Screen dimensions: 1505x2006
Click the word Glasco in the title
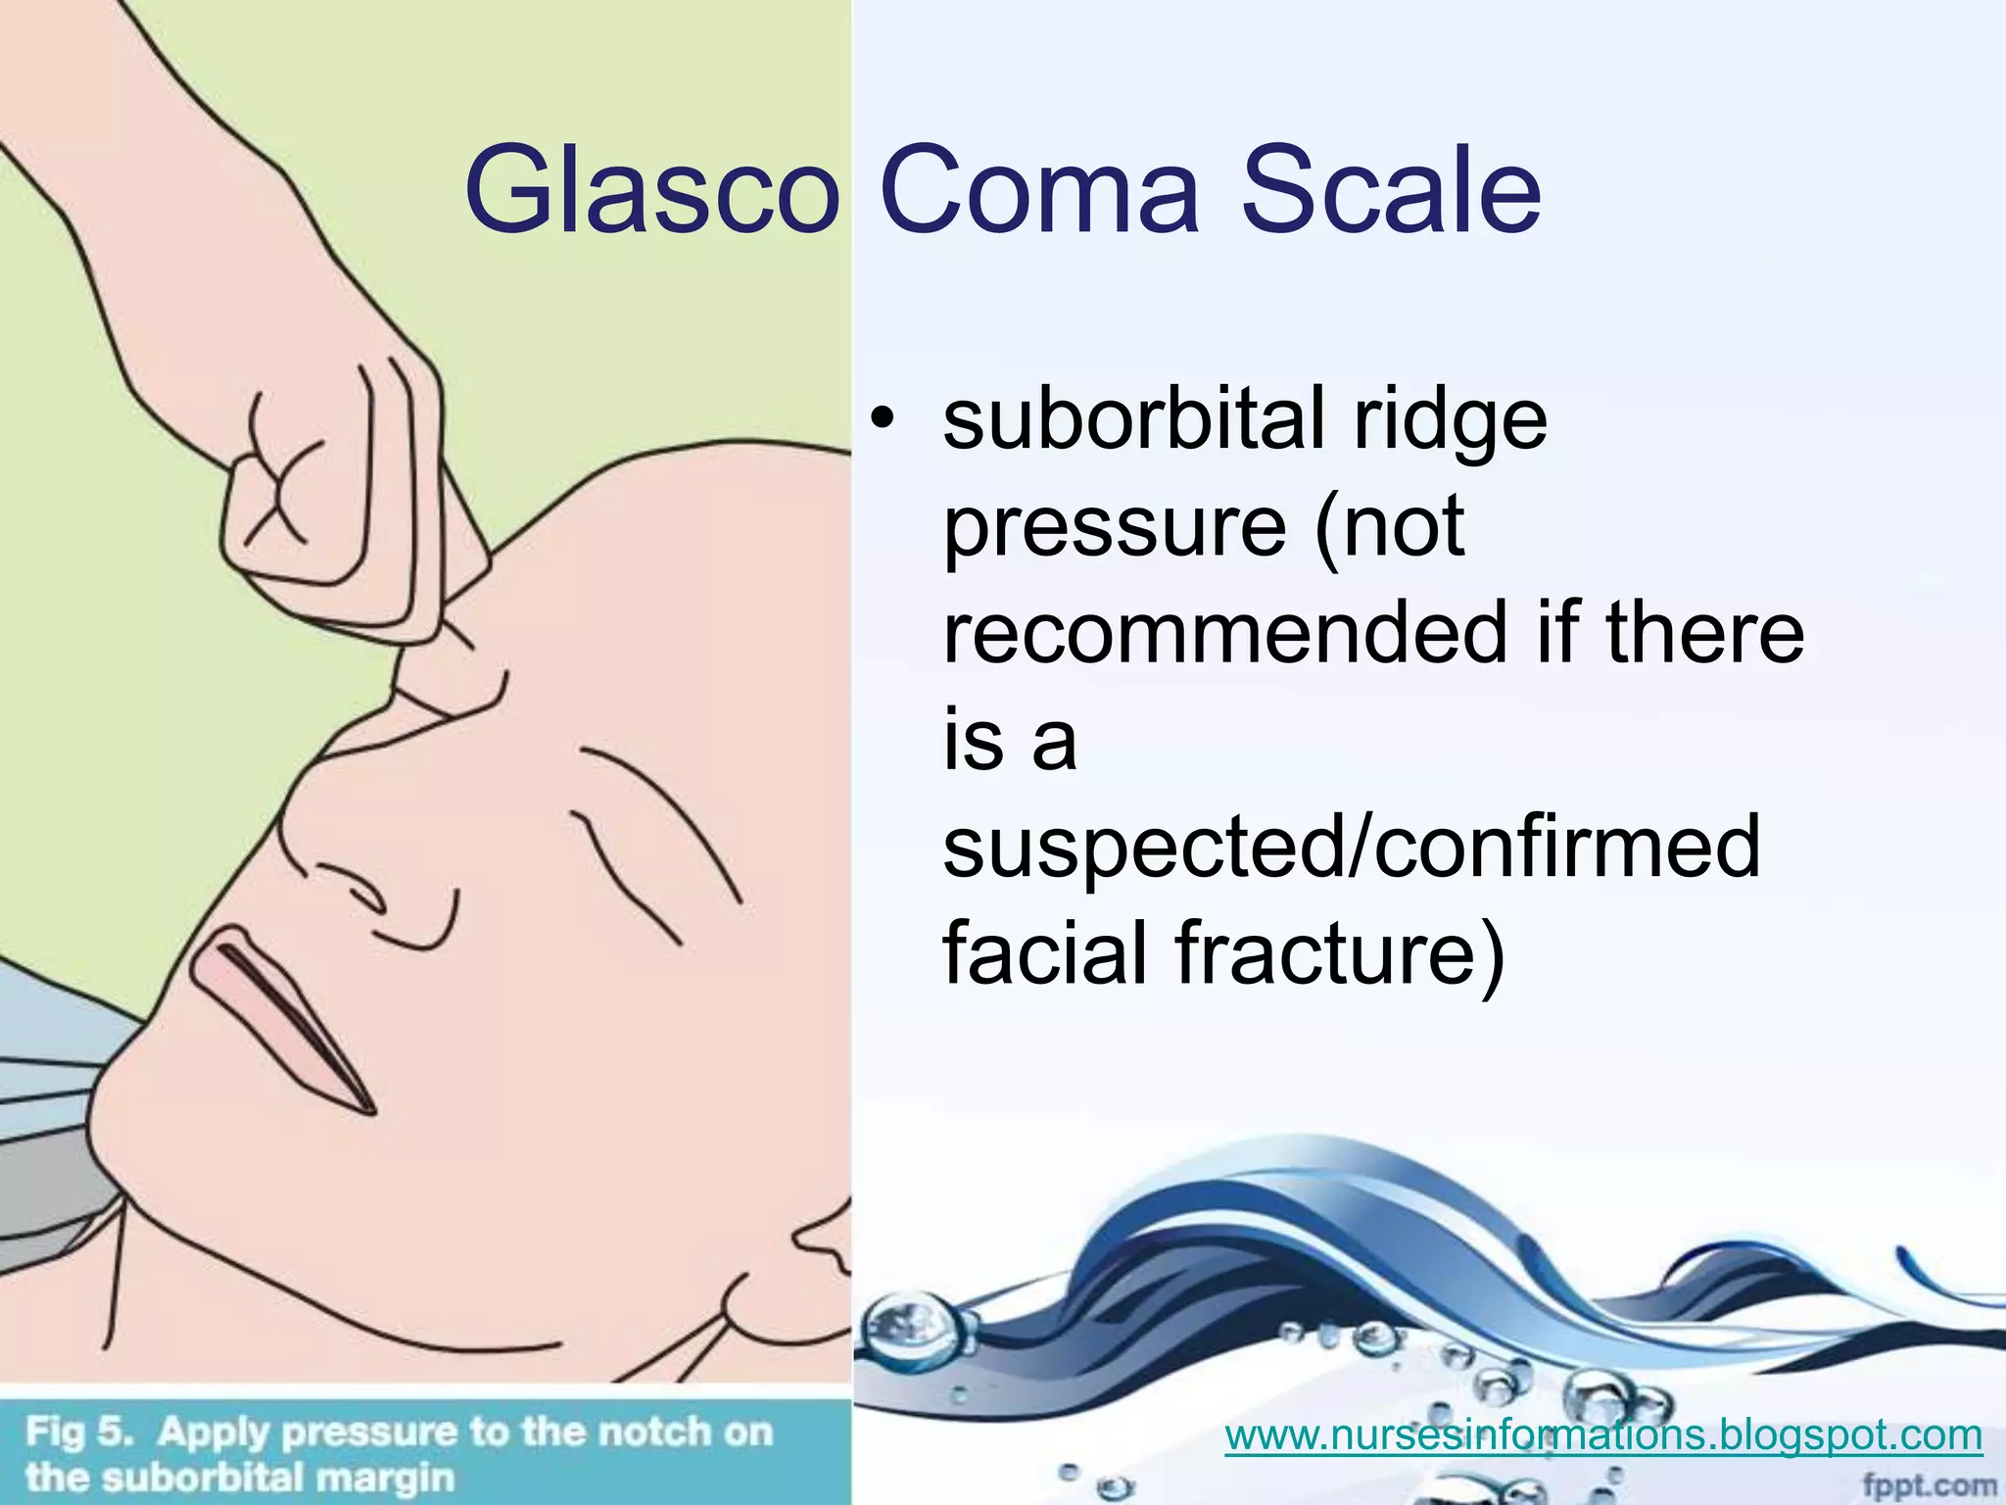(x=651, y=191)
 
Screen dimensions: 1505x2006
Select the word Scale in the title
(x=1391, y=191)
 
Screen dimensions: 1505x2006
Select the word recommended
(x=1224, y=632)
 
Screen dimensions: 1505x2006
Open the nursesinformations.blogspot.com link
(x=1603, y=1436)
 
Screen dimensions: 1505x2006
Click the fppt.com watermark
(x=1928, y=1485)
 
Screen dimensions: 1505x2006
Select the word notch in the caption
(x=655, y=1432)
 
